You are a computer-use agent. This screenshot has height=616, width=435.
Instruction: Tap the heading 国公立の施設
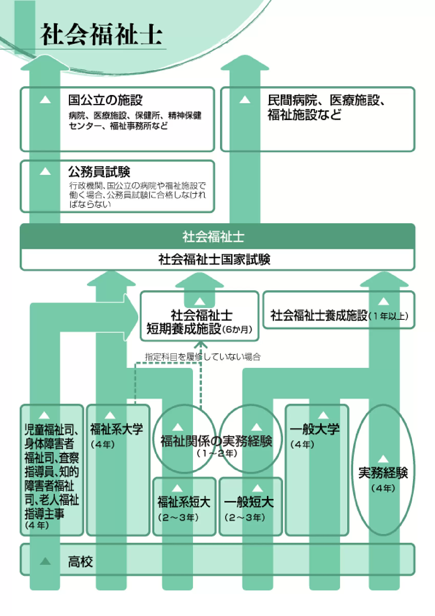tap(105, 100)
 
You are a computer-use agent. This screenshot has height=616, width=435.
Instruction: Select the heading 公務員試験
tap(99, 172)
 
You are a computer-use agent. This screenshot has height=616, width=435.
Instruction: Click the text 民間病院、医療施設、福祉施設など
tap(326, 107)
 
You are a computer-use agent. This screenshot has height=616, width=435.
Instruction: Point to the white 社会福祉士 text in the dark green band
tap(213, 237)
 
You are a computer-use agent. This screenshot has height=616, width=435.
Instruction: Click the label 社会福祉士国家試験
tap(214, 259)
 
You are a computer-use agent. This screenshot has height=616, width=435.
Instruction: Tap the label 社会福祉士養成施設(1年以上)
tap(339, 315)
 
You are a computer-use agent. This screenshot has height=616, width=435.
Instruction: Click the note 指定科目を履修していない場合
tap(203, 357)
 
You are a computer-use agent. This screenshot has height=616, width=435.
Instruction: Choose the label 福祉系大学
tap(117, 429)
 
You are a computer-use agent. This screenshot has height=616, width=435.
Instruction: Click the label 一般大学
tap(314, 429)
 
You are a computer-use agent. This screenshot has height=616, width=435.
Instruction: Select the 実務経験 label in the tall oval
tap(383, 473)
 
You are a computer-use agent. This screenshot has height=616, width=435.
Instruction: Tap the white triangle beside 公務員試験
tap(45, 171)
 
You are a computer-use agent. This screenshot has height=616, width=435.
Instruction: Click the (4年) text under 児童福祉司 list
tap(37, 525)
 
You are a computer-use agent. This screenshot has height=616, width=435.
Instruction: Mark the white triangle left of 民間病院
tap(245, 100)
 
